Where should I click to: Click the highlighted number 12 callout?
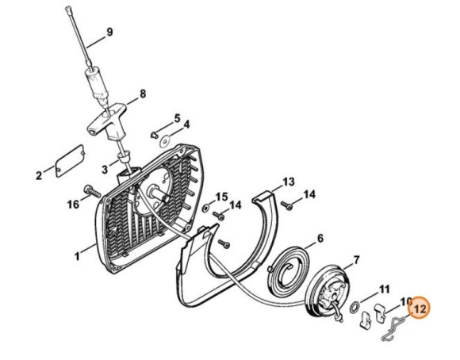point(418,307)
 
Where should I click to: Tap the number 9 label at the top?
point(109,33)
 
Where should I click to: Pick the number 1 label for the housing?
point(78,256)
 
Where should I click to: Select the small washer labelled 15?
point(205,209)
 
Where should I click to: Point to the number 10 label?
point(405,301)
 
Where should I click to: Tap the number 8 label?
point(142,94)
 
